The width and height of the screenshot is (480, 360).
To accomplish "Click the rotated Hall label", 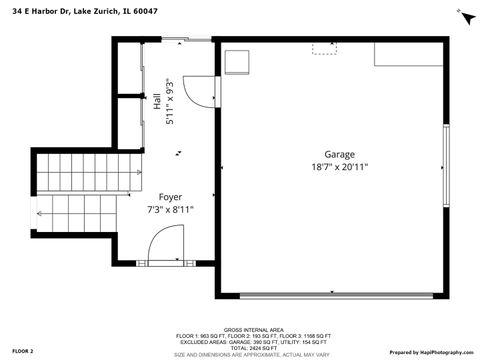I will tap(158, 100).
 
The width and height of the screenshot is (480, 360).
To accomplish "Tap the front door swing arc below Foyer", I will tap(166, 245).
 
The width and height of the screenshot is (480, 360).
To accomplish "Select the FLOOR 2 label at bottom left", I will tap(22, 352).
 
